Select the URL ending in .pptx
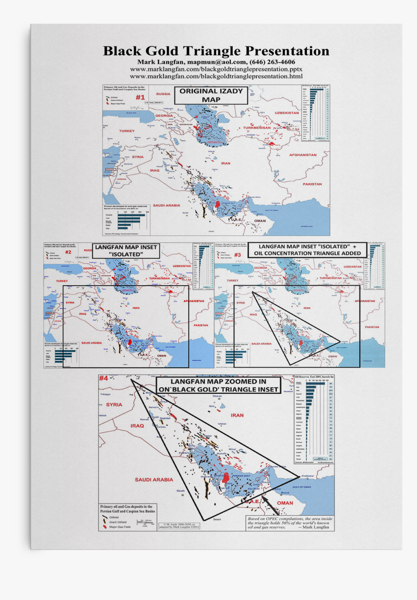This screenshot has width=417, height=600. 216,69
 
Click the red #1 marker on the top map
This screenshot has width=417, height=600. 140,97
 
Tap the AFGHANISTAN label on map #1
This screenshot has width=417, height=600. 303,155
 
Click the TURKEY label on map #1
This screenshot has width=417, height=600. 127,131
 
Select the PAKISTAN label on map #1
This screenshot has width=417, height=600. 312,184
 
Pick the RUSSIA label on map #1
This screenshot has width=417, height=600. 163,94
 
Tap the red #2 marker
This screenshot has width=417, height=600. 68,252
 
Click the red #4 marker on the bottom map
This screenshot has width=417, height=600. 104,378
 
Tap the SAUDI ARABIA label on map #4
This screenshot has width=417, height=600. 154,480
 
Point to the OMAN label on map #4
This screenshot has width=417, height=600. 285,503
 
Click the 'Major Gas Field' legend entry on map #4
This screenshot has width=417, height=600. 120,526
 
